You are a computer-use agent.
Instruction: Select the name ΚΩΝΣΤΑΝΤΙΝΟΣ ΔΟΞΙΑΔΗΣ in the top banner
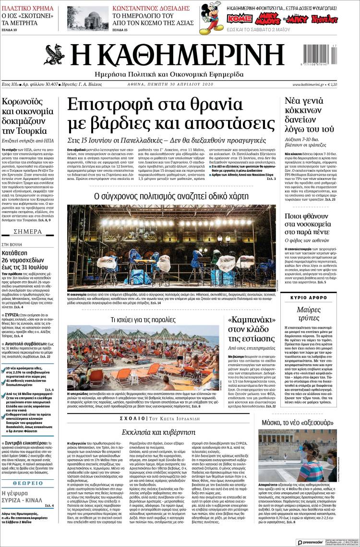(x=151, y=8)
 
